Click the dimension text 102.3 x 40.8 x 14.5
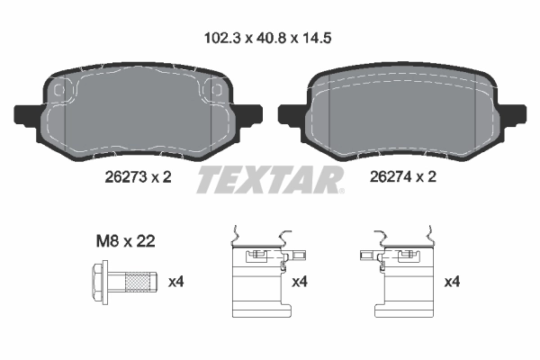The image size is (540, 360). pyautogui.click(x=270, y=40)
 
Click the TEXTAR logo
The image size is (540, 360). pyautogui.click(x=270, y=179)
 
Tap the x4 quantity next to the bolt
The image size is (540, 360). pyautogui.click(x=178, y=283)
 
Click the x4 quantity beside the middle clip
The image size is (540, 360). pyautogui.click(x=301, y=283)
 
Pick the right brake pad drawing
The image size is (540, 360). pyautogui.click(x=401, y=112)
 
